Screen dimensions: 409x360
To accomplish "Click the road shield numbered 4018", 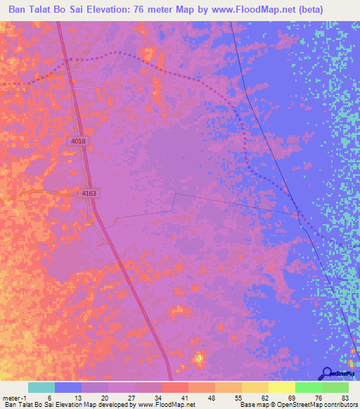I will point(78,141).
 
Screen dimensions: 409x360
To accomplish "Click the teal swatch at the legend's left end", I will point(41,387).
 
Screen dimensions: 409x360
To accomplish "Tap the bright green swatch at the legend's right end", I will point(335,387).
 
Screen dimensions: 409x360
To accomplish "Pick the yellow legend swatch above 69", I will point(282,387).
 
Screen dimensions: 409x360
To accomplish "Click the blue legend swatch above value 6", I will point(68,387).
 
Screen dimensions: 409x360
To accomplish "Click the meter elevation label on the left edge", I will point(12,85).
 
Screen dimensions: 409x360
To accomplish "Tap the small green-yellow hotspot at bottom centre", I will point(199,358).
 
